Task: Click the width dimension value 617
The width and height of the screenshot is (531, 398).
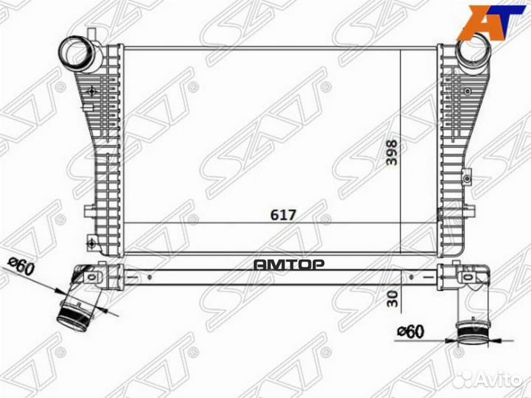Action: click(284, 214)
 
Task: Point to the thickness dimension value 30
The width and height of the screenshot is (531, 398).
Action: click(392, 298)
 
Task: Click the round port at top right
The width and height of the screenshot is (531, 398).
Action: click(470, 52)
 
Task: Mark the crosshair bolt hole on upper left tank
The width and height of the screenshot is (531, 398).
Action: click(91, 91)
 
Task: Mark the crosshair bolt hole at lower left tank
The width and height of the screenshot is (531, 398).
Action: click(91, 239)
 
